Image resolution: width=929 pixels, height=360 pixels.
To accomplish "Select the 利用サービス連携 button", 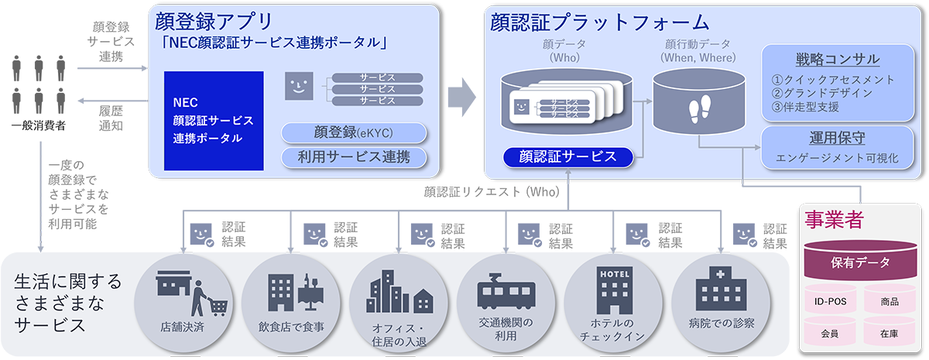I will pos(354,157).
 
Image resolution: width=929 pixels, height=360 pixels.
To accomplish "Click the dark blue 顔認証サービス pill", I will pos(567,156).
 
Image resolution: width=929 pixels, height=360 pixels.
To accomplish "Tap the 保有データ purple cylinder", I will pos(859,262).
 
